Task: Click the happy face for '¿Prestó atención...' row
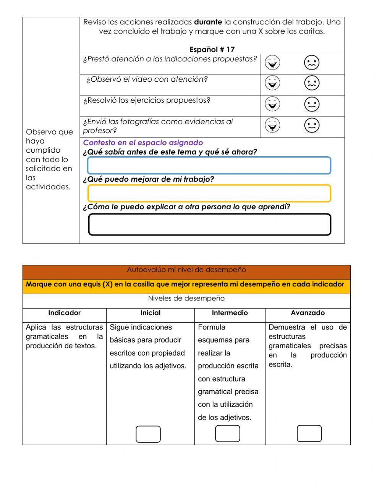(x=272, y=63)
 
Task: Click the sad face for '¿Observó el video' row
(x=311, y=83)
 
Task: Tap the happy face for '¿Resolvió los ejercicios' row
(x=272, y=104)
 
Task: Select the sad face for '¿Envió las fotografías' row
(x=311, y=125)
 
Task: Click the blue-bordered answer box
(x=209, y=165)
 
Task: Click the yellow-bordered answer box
(x=209, y=193)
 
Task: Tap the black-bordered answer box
(x=209, y=225)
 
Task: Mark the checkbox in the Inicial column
(x=148, y=434)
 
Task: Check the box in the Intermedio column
(x=228, y=434)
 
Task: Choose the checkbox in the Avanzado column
(x=309, y=434)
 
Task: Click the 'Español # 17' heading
(x=212, y=49)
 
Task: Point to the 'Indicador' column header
(x=64, y=313)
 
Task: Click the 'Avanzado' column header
(x=308, y=313)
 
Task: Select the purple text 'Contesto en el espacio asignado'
(x=143, y=142)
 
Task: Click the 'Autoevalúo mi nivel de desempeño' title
(x=186, y=270)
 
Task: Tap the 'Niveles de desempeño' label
(x=186, y=298)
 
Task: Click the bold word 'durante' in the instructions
(x=208, y=22)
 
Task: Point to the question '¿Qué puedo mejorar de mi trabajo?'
(x=148, y=179)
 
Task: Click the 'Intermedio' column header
(x=230, y=313)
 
